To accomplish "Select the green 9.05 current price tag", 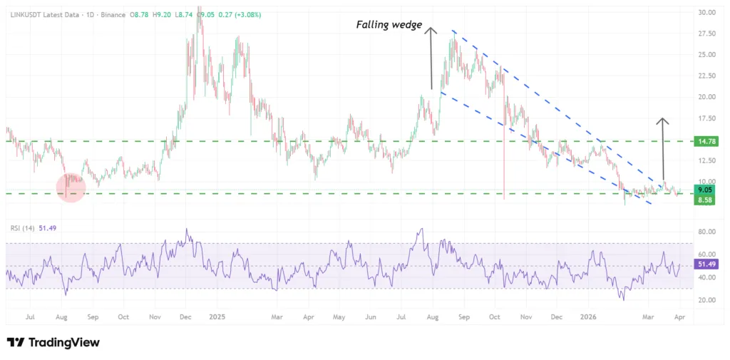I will (704, 190).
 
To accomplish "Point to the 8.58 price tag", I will (704, 201).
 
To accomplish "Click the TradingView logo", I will (53, 343).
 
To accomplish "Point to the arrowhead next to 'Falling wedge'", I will (431, 29).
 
